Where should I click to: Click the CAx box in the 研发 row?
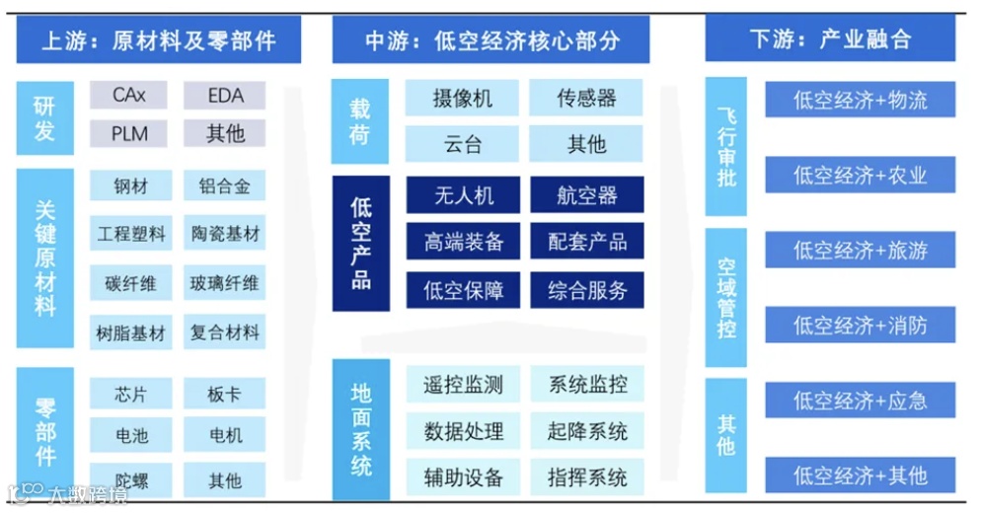click(x=129, y=95)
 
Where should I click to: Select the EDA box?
click(x=225, y=95)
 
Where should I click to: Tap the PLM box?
click(x=129, y=132)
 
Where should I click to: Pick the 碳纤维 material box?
click(x=130, y=284)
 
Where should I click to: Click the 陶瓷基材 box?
click(x=225, y=235)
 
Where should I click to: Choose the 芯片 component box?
click(x=130, y=395)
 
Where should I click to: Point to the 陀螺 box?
click(x=130, y=480)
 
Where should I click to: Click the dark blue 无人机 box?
click(x=464, y=195)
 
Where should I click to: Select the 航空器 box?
click(x=586, y=195)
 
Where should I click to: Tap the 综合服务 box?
click(x=586, y=290)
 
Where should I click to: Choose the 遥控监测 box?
click(x=464, y=385)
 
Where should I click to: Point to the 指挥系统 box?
click(x=586, y=478)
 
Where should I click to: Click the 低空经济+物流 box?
click(x=860, y=100)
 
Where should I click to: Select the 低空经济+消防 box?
click(x=860, y=325)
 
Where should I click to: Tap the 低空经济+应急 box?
click(x=860, y=401)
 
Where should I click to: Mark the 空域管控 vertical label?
click(x=726, y=298)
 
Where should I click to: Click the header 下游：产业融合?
click(x=830, y=39)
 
